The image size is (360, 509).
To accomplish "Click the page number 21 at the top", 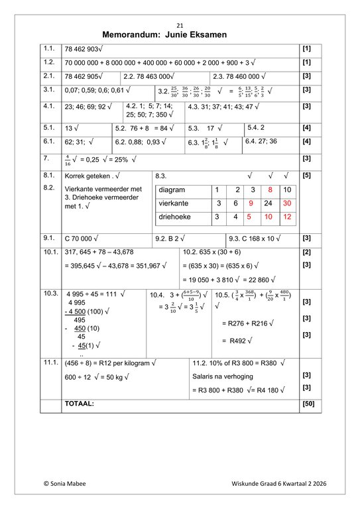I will coord(180,25).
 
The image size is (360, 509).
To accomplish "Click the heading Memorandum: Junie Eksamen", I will coord(179,34).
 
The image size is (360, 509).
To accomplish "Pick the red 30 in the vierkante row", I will coord(286,203).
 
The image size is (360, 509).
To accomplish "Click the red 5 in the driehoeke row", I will coord(249,217).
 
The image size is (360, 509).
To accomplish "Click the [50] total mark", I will coord(307,403).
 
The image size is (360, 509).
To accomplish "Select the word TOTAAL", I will coord(79,403).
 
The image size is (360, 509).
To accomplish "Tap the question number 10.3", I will coord(50,293).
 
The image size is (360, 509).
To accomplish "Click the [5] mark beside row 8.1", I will coord(307,176).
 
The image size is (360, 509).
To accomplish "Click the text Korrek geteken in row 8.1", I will coord(87,176).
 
